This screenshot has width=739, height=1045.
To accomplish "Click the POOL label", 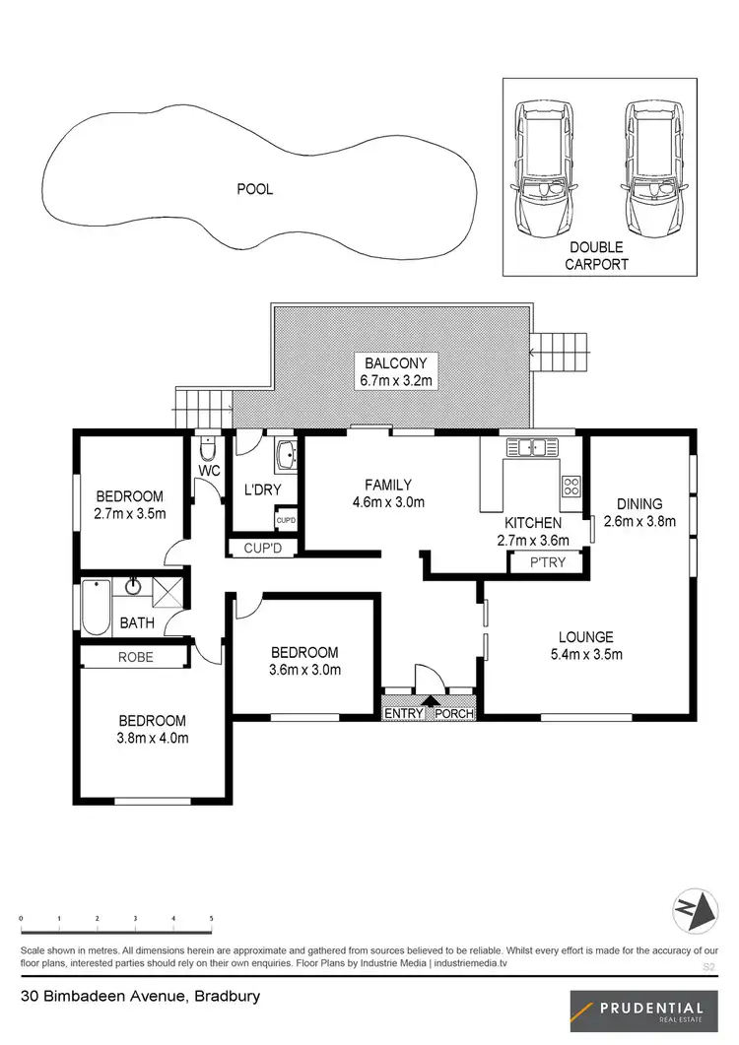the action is (x=254, y=189).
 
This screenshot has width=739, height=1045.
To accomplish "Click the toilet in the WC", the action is (x=207, y=450).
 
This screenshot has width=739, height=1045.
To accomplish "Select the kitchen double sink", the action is (x=532, y=448).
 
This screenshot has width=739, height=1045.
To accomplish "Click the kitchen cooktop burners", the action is (x=571, y=485).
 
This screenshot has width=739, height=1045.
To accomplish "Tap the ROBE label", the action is (x=136, y=656).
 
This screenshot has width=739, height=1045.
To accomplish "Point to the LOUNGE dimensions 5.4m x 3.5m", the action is (x=586, y=654).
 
